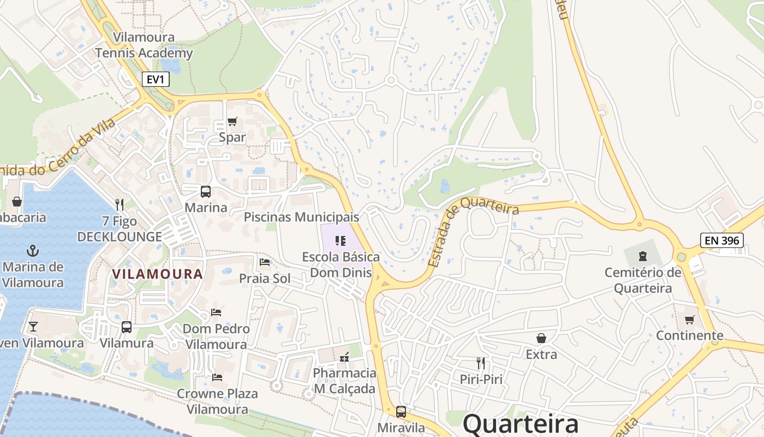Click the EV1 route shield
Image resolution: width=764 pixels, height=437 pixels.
(156, 79)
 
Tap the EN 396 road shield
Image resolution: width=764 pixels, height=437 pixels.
(721, 240)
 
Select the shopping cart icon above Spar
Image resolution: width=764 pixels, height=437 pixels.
(232, 121)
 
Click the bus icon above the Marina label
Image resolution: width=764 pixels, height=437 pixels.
(206, 192)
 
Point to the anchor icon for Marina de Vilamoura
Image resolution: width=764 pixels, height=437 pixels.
(33, 251)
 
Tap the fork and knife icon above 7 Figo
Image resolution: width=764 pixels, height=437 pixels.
(120, 205)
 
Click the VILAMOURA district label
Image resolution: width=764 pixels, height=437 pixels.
(157, 274)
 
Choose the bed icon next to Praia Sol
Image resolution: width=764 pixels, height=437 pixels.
(265, 262)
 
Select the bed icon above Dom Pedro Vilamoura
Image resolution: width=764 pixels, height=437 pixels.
(216, 312)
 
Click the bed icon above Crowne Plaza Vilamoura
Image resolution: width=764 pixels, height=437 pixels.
(217, 377)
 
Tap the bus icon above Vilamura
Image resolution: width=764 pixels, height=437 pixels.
(127, 327)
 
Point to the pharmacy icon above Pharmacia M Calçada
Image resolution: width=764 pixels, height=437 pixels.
(344, 357)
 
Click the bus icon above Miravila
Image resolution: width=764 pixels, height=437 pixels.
(401, 411)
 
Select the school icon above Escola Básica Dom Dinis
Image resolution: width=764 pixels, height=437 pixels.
(341, 240)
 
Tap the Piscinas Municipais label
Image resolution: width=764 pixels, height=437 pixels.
(301, 217)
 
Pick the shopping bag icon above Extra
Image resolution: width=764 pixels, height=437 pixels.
(541, 338)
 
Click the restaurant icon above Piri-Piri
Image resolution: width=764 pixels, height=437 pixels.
(481, 363)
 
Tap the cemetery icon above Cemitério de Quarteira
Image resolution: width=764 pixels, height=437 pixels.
(643, 256)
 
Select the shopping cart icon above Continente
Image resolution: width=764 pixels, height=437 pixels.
(690, 320)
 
